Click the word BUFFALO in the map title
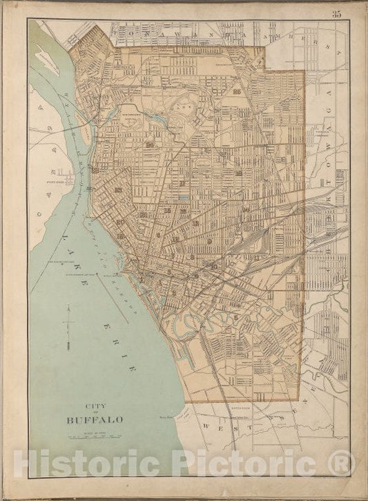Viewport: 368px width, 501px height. (95, 419)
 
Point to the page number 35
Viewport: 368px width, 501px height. (336, 15)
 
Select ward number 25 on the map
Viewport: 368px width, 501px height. (238, 92)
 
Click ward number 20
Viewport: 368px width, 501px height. (150, 145)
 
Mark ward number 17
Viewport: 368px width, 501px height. (182, 183)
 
